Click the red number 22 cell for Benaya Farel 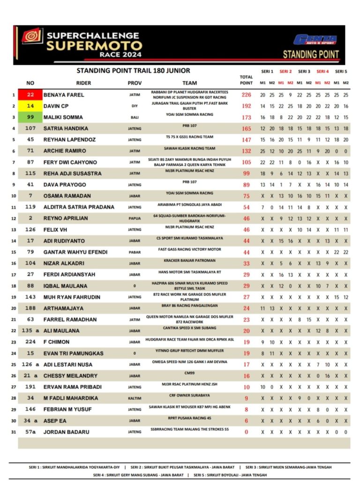(x=30, y=95)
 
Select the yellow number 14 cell (x=30, y=106)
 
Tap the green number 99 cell (x=30, y=117)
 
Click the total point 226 (x=246, y=95)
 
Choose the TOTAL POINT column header (x=246, y=80)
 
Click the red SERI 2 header (x=285, y=72)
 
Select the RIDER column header (x=83, y=83)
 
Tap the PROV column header (x=135, y=83)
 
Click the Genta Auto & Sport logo (x=315, y=40)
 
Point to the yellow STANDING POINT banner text (x=311, y=54)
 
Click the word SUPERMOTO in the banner (x=94, y=46)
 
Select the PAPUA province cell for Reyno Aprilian (x=135, y=218)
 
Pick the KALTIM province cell (x=135, y=398)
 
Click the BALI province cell (x=135, y=117)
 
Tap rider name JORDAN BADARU (x=66, y=432)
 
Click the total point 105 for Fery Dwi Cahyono (x=246, y=162)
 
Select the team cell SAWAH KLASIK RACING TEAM (x=189, y=148)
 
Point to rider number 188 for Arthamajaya (x=30, y=308)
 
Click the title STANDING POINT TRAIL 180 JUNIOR (x=133, y=71)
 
